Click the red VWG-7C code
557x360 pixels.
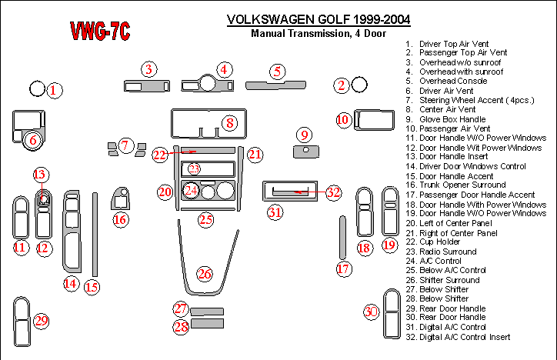click(x=100, y=32)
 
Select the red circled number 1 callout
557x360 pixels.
click(x=53, y=91)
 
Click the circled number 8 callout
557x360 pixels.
click(x=228, y=122)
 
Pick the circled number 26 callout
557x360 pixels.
click(x=204, y=274)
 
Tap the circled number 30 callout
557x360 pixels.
click(x=372, y=312)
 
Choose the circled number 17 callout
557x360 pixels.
click(x=343, y=268)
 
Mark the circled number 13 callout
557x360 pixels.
click(x=40, y=175)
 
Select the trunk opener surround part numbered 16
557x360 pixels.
click(x=121, y=198)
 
